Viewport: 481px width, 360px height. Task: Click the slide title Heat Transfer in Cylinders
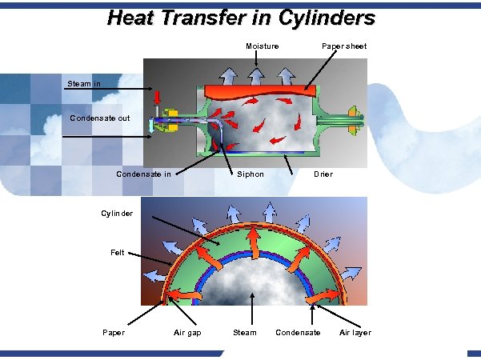point(240,17)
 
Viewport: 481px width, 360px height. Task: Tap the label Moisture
point(262,46)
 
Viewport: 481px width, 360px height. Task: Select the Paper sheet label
point(344,46)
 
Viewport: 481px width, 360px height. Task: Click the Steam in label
point(82,83)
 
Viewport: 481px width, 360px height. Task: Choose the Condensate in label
point(144,174)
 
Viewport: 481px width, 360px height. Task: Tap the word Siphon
point(250,174)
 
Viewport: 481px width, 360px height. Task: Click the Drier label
point(323,174)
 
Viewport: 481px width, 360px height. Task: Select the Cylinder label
point(117,214)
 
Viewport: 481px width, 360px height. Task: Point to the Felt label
point(118,253)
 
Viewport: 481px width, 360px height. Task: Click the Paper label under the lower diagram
point(114,333)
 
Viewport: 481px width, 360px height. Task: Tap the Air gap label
point(187,333)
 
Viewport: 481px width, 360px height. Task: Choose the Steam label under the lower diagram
point(245,333)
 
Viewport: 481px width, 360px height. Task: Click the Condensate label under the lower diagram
point(298,333)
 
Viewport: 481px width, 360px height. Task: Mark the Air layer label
point(355,333)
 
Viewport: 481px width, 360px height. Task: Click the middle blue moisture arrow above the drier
point(256,74)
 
